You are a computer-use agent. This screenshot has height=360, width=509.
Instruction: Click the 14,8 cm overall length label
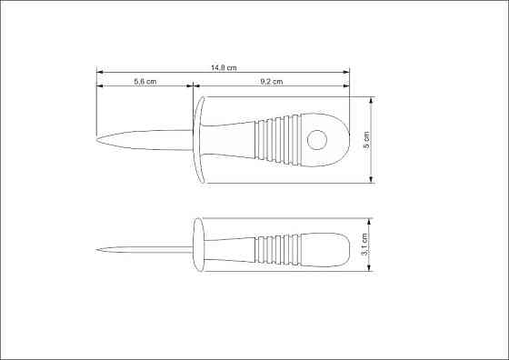(x=224, y=68)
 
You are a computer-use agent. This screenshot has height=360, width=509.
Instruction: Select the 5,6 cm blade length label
(x=145, y=82)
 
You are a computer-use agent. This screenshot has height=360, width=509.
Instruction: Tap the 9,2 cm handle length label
(x=272, y=82)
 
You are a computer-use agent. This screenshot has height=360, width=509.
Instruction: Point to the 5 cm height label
(x=366, y=140)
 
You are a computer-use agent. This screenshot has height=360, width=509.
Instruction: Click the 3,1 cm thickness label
(x=364, y=245)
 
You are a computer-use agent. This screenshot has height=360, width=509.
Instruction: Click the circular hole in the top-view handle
(x=317, y=140)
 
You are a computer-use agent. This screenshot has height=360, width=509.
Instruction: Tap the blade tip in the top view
(x=96, y=140)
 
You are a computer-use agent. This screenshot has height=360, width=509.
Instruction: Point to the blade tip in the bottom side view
(x=96, y=250)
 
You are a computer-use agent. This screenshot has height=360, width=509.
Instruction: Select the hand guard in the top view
(x=199, y=140)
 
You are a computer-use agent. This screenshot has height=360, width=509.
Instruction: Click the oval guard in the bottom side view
(x=199, y=245)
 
